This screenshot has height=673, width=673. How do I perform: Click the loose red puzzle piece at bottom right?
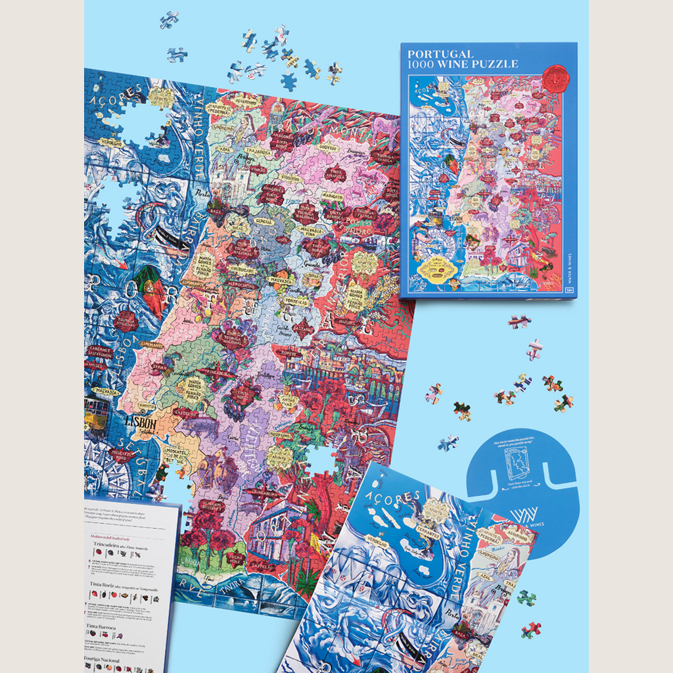(531, 629)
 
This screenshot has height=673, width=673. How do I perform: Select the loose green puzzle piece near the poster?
(526, 597)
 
